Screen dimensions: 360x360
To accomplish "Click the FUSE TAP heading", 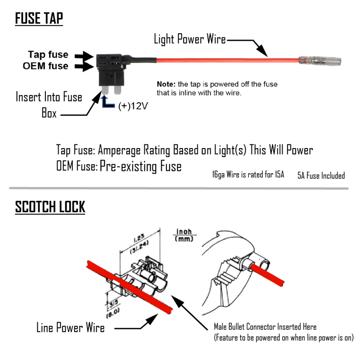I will click(39, 19).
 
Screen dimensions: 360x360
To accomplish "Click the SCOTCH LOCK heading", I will click(50, 207).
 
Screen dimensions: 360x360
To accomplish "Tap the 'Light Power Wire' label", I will click(189, 39).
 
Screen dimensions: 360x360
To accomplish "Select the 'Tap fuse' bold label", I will click(48, 54).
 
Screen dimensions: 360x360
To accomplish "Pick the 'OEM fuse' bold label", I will click(45, 66).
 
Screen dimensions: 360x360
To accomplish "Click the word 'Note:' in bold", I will click(166, 84).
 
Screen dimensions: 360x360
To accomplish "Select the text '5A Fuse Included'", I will click(321, 175).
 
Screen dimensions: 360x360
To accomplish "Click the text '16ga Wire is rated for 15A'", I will click(248, 175).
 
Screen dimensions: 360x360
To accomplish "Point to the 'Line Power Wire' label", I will click(70, 328).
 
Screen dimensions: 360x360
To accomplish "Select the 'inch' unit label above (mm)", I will click(184, 232).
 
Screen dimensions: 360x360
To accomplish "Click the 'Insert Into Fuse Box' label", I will click(49, 104).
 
